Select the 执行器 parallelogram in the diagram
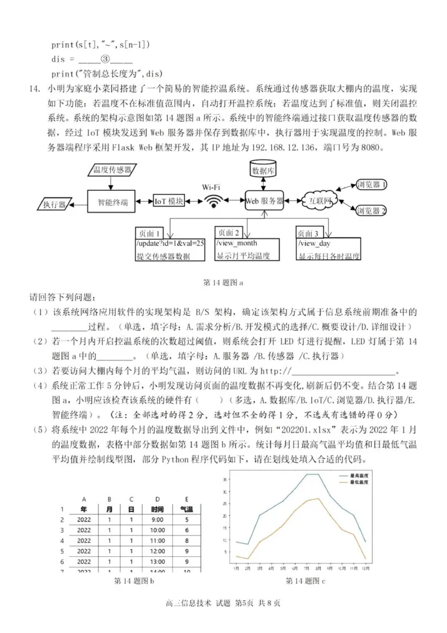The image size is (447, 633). click(54, 204)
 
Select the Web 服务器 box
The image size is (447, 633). click(264, 201)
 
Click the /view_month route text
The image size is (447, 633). click(236, 243)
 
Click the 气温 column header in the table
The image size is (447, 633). click(186, 509)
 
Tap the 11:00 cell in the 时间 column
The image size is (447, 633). click(158, 540)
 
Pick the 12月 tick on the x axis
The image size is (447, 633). click(365, 568)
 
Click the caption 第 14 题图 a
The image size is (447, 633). click(223, 283)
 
